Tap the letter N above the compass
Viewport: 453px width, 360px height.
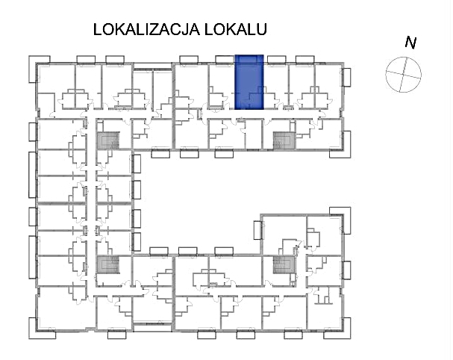tap(410, 43)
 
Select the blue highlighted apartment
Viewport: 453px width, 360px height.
tap(249, 82)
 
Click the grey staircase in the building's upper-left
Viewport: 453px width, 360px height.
tap(109, 140)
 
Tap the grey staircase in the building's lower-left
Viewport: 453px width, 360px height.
tap(109, 264)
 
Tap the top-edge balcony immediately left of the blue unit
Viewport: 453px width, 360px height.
tap(223, 58)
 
